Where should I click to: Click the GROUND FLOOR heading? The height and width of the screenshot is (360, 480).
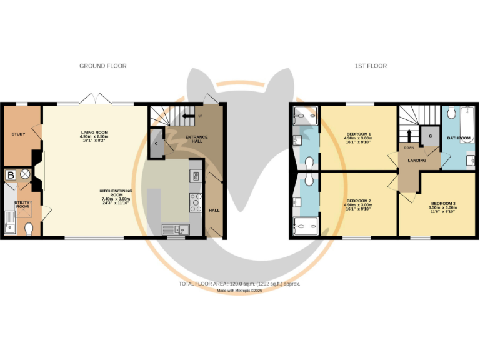coord(103,66)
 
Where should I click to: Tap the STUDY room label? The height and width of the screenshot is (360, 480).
coord(18,134)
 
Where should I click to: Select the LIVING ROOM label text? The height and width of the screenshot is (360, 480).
coord(94,136)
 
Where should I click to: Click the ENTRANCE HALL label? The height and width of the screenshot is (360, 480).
coord(196,139)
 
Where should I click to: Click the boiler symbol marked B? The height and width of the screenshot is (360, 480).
coord(11,176)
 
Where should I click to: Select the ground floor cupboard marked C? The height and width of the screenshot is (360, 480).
coord(156,143)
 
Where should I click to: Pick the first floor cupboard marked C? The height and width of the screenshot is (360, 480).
coord(430,136)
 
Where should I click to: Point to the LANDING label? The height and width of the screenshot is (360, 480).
coord(417,161)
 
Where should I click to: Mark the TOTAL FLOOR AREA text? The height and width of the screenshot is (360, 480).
coord(239,284)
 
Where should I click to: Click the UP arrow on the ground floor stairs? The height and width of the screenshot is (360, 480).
coord(187,116)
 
